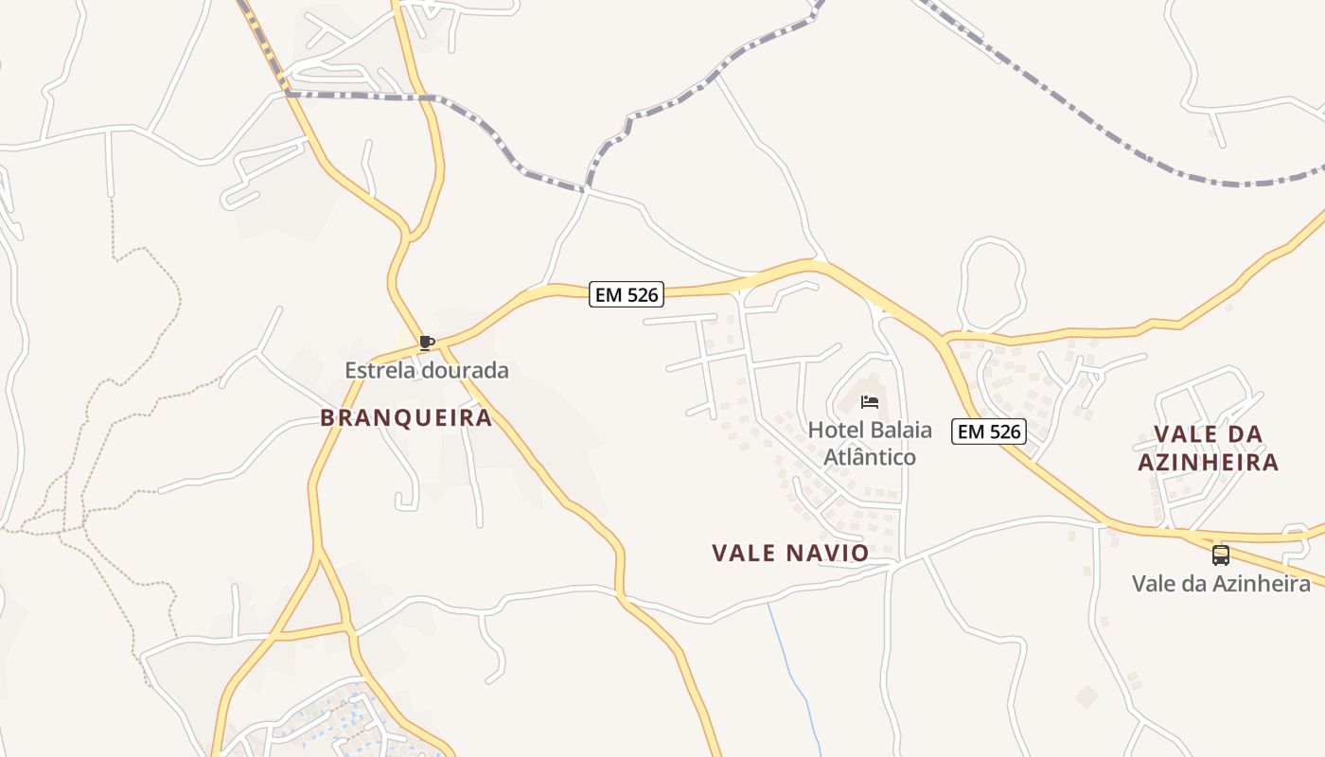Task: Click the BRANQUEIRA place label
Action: coord(406,417)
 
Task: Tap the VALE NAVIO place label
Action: coord(790,553)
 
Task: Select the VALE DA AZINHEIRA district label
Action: coord(1208,449)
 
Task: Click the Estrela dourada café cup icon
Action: coord(427,343)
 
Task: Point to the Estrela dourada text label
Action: coord(426,370)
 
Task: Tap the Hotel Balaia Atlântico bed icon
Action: coord(870,402)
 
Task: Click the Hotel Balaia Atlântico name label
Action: coord(870,443)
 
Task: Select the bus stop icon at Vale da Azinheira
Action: coord(1221,555)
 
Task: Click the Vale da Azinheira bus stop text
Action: coord(1221,583)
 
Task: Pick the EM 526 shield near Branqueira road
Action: coord(626,294)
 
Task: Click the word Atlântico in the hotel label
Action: coord(870,457)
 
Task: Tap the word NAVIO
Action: coord(827,553)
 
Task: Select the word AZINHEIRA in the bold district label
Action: coord(1208,463)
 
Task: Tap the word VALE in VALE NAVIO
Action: coord(744,553)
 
